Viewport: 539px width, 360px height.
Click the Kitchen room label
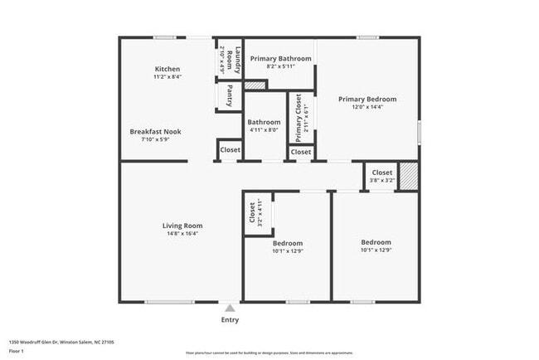pyautogui.click(x=168, y=68)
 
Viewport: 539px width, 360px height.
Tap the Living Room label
pyautogui.click(x=182, y=225)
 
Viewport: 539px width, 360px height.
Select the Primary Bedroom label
pyautogui.click(x=367, y=99)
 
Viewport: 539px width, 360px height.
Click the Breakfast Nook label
pyautogui.click(x=155, y=131)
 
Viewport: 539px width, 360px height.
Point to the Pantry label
pyautogui.click(x=229, y=96)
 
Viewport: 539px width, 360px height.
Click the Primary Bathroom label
pyautogui.click(x=280, y=59)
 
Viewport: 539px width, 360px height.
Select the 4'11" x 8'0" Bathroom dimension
pyautogui.click(x=264, y=129)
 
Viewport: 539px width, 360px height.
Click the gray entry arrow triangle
pyautogui.click(x=230, y=307)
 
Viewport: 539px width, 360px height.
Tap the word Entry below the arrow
pyautogui.click(x=230, y=320)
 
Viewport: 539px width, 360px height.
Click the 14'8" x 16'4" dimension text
pyautogui.click(x=182, y=233)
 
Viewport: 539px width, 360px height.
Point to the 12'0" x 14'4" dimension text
pyautogui.click(x=367, y=107)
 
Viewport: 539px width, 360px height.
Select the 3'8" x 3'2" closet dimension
pyautogui.click(x=381, y=180)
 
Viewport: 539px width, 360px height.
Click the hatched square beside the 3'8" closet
pyautogui.click(x=409, y=177)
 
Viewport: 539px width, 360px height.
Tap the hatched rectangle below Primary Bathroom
pyautogui.click(x=255, y=84)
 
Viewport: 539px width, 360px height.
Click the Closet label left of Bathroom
pyautogui.click(x=230, y=150)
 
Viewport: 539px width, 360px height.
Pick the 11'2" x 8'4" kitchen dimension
pyautogui.click(x=168, y=76)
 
